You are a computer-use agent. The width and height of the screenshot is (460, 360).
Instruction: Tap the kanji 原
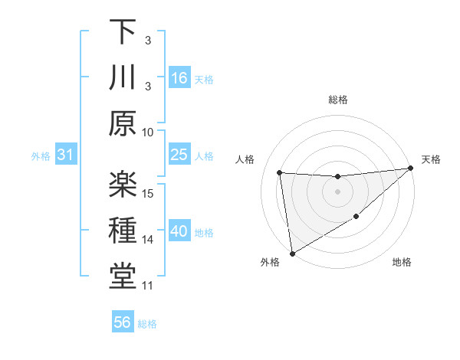click(x=123, y=123)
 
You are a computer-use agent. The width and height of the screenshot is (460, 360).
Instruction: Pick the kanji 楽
click(x=123, y=184)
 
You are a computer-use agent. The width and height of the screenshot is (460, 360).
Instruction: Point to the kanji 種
click(x=123, y=230)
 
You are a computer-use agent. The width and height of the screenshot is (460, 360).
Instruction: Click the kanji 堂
click(x=123, y=276)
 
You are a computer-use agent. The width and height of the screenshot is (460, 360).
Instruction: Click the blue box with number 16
click(x=179, y=77)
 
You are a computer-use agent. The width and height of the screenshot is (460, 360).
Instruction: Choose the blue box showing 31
click(x=66, y=155)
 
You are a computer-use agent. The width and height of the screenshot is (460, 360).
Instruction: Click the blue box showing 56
click(x=123, y=322)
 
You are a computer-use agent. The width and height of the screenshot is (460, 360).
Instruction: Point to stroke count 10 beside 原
click(x=148, y=131)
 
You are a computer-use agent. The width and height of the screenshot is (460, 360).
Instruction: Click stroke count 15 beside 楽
click(x=148, y=193)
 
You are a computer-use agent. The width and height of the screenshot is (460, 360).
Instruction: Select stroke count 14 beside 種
click(x=148, y=240)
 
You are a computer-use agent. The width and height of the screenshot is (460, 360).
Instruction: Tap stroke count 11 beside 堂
click(x=148, y=286)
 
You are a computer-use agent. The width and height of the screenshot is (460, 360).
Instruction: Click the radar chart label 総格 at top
click(x=338, y=100)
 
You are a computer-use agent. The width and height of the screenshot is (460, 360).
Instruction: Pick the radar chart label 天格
click(x=431, y=159)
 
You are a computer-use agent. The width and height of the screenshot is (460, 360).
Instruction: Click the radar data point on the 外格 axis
click(x=291, y=254)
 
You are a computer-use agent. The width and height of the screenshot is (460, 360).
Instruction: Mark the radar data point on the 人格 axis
click(x=280, y=172)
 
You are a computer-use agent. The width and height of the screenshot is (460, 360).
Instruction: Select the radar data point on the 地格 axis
click(x=356, y=218)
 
